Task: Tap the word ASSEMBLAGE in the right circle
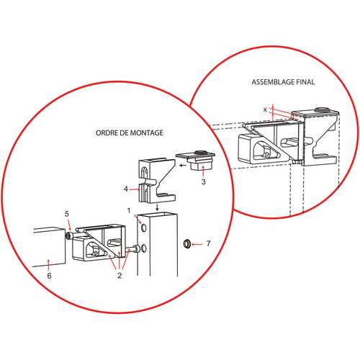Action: click(x=273, y=82)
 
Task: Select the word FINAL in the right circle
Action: click(x=305, y=82)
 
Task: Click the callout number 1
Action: click(x=129, y=211)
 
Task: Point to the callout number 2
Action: click(x=120, y=275)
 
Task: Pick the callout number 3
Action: click(x=204, y=181)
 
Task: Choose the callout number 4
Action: click(x=126, y=189)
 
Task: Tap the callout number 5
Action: click(x=67, y=214)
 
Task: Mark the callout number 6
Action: click(x=49, y=276)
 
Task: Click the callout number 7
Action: click(x=208, y=243)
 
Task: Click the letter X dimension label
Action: click(x=265, y=109)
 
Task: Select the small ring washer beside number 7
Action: click(x=187, y=244)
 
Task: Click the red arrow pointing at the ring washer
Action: click(x=197, y=244)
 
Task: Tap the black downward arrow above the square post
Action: click(x=157, y=207)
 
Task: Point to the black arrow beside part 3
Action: click(x=183, y=166)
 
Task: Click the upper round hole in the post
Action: click(x=143, y=228)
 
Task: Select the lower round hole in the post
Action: click(x=143, y=248)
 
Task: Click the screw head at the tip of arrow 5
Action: click(x=68, y=236)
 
